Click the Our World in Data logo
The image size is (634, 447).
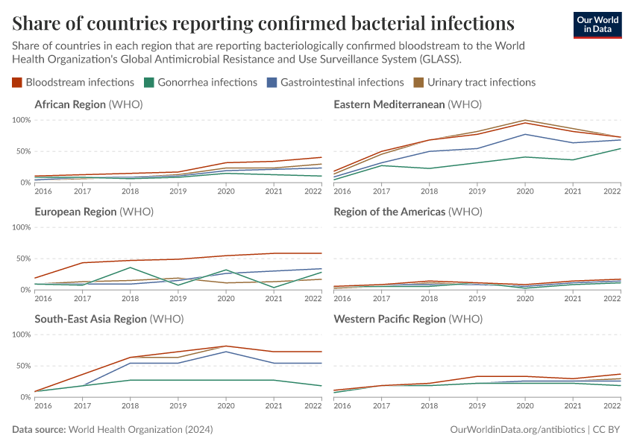click(597, 25)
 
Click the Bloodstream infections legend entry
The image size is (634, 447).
click(73, 82)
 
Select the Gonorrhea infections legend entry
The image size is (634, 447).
click(200, 82)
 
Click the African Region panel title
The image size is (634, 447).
click(88, 104)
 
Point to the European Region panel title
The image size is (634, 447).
click(93, 212)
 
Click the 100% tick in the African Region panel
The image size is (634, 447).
click(21, 120)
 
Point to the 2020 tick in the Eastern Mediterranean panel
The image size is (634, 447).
click(526, 191)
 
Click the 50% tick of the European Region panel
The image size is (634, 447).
click(22, 259)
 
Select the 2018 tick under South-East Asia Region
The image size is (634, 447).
click(131, 406)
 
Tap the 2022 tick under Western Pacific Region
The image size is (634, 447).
click(612, 406)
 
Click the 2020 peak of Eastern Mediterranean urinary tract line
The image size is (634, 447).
click(526, 120)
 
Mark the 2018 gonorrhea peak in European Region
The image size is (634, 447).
click(131, 267)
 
